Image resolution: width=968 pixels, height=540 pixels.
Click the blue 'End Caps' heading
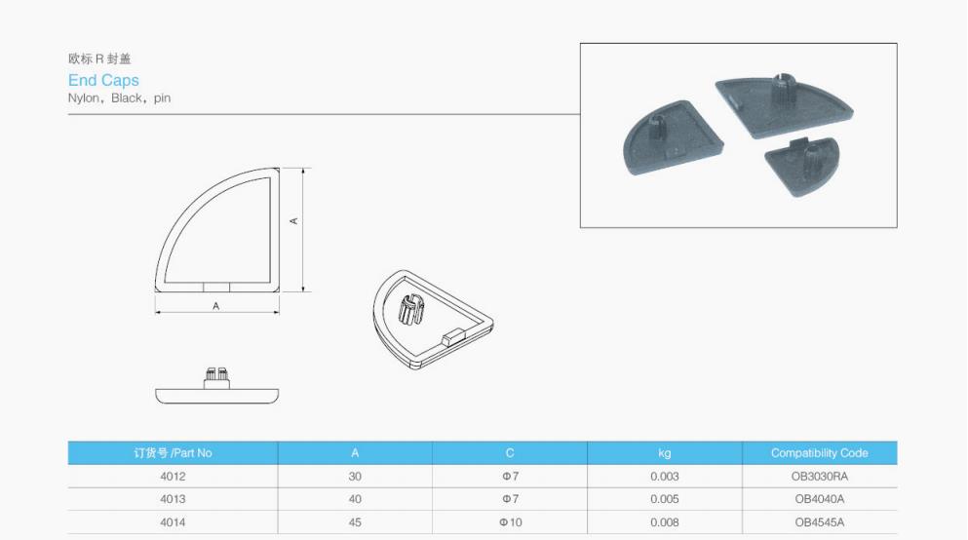[x=103, y=80]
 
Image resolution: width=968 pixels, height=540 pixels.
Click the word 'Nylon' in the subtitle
[x=83, y=98]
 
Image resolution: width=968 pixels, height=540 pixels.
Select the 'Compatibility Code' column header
[x=819, y=453]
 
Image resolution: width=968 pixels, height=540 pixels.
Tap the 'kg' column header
[x=664, y=453]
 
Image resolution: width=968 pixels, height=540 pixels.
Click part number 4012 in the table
[x=173, y=477]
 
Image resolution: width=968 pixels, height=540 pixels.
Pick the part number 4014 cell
[x=173, y=522]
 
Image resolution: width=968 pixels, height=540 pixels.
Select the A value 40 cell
[x=355, y=499]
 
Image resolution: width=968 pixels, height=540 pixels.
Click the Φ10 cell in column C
[x=511, y=522]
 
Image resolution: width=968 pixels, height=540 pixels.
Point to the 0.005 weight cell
[x=664, y=499]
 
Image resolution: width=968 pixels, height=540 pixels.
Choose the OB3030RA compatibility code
[x=819, y=477]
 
